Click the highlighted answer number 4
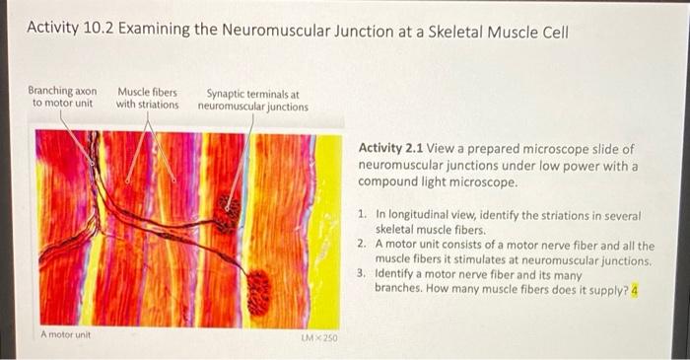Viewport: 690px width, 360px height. tap(635, 290)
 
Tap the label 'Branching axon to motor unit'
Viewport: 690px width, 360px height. tap(62, 97)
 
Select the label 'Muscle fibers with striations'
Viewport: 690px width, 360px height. tap(148, 99)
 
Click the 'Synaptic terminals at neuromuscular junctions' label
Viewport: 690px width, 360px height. tap(253, 101)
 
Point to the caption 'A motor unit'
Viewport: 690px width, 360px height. tap(66, 334)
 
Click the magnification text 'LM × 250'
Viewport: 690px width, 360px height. tap(320, 338)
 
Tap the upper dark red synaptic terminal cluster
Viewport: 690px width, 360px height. tap(227, 213)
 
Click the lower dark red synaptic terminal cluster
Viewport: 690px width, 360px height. tap(258, 292)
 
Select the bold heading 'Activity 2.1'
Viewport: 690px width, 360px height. tap(390, 148)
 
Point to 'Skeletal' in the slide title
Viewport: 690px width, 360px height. tap(455, 32)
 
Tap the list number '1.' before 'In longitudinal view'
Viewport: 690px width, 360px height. tap(362, 215)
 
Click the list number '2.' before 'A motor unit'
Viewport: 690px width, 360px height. tap(362, 244)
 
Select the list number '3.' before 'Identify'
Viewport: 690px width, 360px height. tap(362, 273)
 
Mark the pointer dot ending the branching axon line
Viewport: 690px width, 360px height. tap(92, 164)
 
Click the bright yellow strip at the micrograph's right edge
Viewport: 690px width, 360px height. tap(329, 231)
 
